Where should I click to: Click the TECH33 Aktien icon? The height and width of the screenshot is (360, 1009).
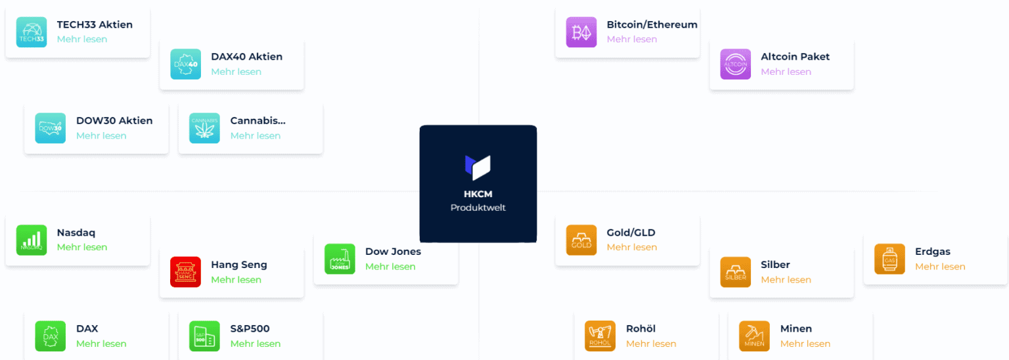(x=32, y=32)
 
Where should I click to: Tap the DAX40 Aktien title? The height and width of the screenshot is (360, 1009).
(x=247, y=56)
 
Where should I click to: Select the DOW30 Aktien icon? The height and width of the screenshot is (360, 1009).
(x=51, y=128)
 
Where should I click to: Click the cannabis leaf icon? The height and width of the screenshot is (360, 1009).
(x=204, y=128)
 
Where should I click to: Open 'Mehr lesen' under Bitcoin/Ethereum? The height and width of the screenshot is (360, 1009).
(x=632, y=39)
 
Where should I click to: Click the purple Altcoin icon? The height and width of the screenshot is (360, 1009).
(x=736, y=64)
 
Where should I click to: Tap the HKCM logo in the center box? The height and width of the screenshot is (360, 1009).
(x=478, y=167)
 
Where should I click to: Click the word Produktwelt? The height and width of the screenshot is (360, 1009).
(x=478, y=208)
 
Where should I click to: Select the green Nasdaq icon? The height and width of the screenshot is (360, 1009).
(x=32, y=240)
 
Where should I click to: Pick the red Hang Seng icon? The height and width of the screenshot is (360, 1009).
(x=186, y=272)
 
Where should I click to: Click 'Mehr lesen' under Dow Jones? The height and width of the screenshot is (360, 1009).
(x=391, y=267)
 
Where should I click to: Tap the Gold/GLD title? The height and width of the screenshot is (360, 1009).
(x=631, y=233)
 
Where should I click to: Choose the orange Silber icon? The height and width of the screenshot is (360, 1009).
(x=736, y=272)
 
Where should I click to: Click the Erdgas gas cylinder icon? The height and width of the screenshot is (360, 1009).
(x=889, y=259)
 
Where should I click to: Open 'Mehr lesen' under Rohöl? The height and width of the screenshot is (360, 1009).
(x=652, y=344)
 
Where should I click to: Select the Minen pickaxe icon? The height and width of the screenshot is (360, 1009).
(x=755, y=336)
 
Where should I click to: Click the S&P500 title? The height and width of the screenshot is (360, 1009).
(x=250, y=329)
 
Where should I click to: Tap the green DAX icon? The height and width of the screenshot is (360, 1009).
(x=51, y=336)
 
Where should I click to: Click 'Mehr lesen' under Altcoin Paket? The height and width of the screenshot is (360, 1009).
(x=786, y=72)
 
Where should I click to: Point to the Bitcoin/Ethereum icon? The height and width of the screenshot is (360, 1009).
(x=581, y=32)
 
